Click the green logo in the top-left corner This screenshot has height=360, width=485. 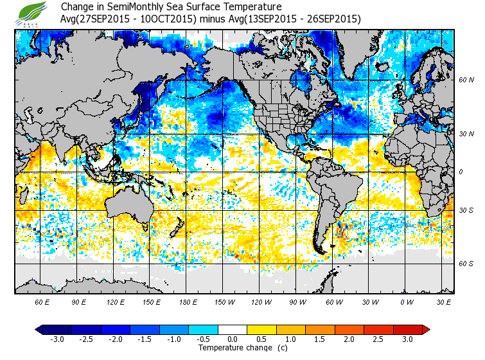pyautogui.click(x=33, y=13)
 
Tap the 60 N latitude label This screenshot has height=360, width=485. pyautogui.click(x=466, y=80)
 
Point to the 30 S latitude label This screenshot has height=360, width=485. pyautogui.click(x=466, y=211)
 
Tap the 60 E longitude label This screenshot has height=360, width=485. pyautogui.click(x=42, y=301)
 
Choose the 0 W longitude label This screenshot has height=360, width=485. pyautogui.click(x=406, y=301)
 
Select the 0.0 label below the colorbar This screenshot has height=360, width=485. pyautogui.click(x=232, y=339)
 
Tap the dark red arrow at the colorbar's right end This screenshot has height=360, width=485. pyautogui.click(x=425, y=330)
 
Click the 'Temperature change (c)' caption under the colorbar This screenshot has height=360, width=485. pyautogui.click(x=233, y=348)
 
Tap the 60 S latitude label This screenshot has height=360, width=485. pyautogui.click(x=466, y=264)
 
